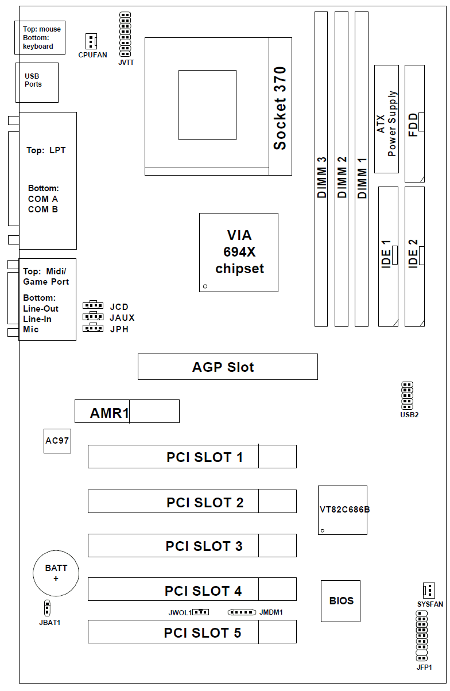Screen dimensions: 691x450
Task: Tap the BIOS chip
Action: (340, 601)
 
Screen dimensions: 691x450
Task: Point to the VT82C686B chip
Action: (343, 510)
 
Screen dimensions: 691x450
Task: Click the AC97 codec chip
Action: (57, 440)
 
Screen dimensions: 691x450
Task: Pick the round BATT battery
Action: (56, 573)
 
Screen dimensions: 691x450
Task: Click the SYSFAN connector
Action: (428, 590)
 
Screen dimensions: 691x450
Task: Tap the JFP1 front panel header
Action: (422, 636)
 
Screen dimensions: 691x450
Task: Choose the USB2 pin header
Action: (408, 395)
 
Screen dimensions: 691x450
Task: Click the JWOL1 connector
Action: (200, 612)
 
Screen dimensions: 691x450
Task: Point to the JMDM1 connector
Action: (242, 612)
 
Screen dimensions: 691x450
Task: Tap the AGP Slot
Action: (227, 367)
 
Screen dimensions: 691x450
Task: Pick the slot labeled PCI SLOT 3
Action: (192, 545)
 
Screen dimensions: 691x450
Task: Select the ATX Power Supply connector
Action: (386, 119)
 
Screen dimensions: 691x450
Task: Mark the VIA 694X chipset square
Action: (238, 253)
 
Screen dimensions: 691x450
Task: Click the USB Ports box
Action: (37, 82)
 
